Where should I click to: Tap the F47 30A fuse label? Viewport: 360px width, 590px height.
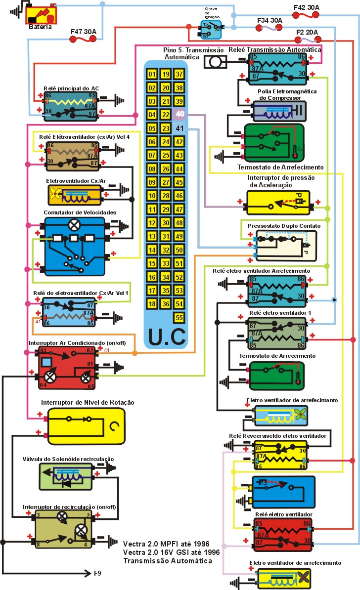tap(83, 32)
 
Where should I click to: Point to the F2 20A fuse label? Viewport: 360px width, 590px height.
tap(306, 33)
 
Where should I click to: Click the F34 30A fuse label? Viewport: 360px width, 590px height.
tap(270, 21)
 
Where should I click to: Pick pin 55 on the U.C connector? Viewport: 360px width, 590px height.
tap(180, 317)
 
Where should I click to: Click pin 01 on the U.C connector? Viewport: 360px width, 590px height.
tap(152, 75)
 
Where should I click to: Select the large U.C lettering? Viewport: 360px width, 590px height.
tap(166, 336)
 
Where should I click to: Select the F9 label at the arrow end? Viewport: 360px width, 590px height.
tap(98, 574)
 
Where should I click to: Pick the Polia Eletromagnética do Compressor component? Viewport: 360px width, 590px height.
tap(279, 111)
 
